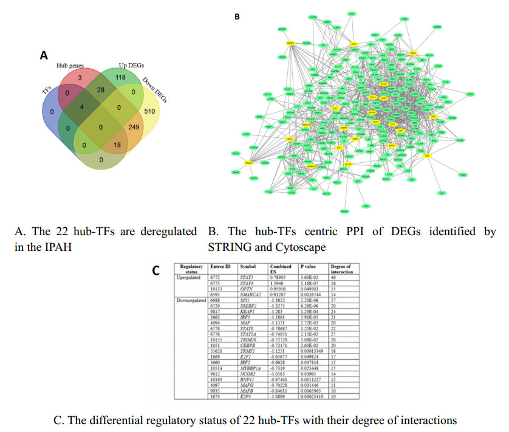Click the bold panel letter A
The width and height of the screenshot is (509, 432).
pos(44,55)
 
